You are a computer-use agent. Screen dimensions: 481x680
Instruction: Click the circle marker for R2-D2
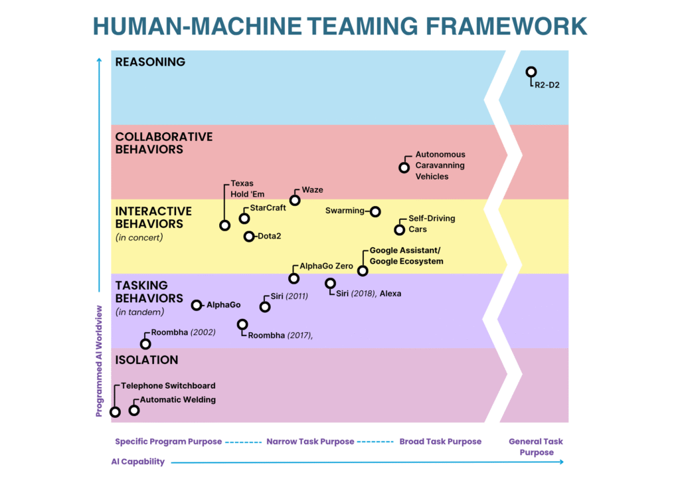[x=531, y=72]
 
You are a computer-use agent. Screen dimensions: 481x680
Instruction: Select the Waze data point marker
[x=295, y=199]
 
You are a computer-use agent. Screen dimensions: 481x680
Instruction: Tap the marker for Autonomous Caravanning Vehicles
[x=404, y=167]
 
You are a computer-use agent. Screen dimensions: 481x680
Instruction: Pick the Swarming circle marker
[x=375, y=211]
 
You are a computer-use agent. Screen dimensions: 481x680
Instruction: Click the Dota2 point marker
[x=249, y=237]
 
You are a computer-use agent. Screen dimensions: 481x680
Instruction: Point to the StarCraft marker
[x=244, y=218]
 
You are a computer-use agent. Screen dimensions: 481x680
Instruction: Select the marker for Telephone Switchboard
[x=115, y=412]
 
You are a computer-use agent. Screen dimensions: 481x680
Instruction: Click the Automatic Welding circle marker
[x=134, y=410]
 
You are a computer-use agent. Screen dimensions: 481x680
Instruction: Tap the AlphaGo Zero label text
[x=326, y=266]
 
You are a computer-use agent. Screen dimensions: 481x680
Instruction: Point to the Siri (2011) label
[x=289, y=296]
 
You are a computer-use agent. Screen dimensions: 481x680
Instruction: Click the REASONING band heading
[x=150, y=62]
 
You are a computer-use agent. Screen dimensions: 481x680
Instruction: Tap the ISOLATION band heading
[x=147, y=360]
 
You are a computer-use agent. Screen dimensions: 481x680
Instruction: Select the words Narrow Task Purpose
[x=310, y=441]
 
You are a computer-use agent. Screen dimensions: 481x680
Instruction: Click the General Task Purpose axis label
[x=536, y=446]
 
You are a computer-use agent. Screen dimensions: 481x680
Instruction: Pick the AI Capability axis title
[x=137, y=462]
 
